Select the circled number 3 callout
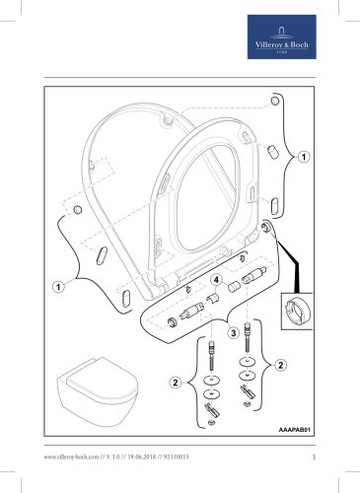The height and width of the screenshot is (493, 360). point(233,333)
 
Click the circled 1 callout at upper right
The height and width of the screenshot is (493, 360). point(304,157)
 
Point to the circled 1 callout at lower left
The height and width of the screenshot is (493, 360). point(58,287)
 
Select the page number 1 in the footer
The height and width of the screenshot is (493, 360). point(311,456)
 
